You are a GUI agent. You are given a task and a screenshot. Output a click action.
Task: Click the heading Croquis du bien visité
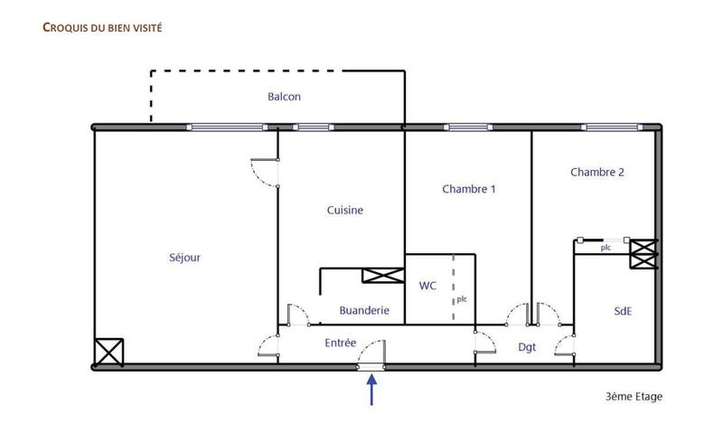pos(102,27)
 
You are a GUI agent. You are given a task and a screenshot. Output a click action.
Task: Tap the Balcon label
pos(284,97)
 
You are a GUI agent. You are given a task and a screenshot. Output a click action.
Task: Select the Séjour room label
pos(184,258)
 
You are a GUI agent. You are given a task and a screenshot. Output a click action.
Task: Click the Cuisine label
pos(345,211)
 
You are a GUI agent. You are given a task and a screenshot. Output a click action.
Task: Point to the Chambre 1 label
pos(469,189)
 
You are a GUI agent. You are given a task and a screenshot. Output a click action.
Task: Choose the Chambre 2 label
pos(597,172)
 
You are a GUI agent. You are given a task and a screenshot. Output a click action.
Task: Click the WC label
pos(427,286)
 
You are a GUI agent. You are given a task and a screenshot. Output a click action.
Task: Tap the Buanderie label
pos(364,310)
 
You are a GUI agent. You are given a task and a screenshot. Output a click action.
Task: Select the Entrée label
pos(341,343)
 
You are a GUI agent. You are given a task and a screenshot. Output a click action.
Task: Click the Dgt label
pos(527,346)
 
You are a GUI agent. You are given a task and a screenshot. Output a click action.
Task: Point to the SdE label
pos(623,310)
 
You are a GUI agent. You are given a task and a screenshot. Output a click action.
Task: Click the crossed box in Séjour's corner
pos(109,351)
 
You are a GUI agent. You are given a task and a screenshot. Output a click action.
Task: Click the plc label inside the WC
pos(461,299)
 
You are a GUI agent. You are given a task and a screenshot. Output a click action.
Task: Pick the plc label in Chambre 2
pos(606,247)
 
